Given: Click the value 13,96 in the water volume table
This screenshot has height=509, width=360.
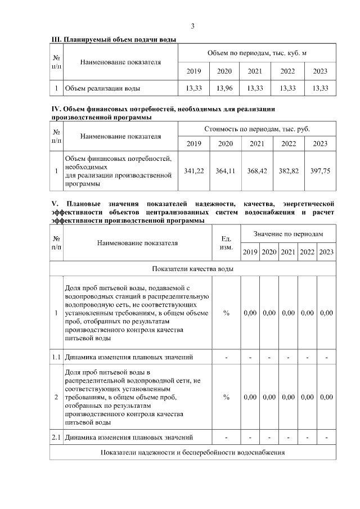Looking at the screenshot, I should coord(224,88).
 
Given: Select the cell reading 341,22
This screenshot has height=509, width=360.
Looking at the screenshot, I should coord(194,170).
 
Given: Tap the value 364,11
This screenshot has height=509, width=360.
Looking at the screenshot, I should coord(226,170).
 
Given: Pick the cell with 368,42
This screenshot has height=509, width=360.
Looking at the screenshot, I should coord(257,170).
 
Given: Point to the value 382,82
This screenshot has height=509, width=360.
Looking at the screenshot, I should coord(289,170).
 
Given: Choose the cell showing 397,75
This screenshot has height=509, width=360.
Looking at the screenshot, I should coord(320,170).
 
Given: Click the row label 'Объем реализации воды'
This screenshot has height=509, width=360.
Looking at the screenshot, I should coord(102,88).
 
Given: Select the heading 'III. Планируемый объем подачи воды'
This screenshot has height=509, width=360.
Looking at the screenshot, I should coord(114,39).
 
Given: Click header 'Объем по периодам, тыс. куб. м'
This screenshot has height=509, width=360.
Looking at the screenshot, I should coord(256,52).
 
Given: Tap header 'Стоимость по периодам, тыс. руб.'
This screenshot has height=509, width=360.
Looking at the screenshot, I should coord(256,129).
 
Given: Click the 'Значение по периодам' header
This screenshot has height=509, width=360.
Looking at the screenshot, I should coord(288,233).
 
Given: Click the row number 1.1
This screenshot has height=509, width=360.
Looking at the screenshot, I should coord(56,357).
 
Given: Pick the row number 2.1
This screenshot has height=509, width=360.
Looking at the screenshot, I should coord(56,437).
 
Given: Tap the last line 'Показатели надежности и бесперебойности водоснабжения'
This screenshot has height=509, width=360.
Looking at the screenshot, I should coord(192,452).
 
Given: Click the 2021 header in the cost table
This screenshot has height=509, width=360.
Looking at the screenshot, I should coord(257,143).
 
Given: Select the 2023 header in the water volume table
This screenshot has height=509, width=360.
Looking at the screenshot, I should coord(320,71).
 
